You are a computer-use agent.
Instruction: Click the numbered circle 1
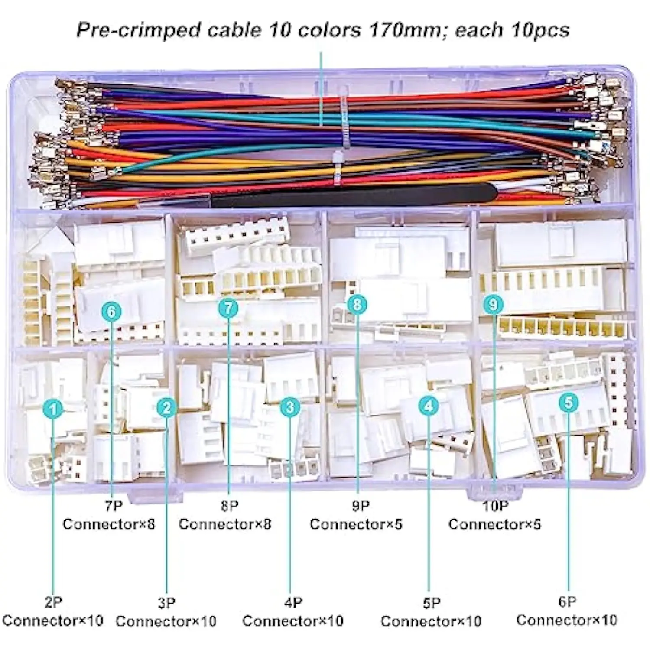tap(53, 409)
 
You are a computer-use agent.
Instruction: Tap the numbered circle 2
tap(167, 407)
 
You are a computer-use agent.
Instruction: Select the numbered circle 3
tap(290, 406)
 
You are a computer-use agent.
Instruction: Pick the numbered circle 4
tap(429, 406)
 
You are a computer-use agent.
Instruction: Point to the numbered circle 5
tap(569, 403)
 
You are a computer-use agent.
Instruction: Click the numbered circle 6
tap(112, 312)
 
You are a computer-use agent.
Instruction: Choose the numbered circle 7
tap(229, 308)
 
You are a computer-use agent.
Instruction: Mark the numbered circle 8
tap(357, 304)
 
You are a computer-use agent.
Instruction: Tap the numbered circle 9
tap(493, 304)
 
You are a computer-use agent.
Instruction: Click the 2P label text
tap(53, 602)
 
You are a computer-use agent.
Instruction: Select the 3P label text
tap(166, 603)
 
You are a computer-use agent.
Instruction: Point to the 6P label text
tap(567, 602)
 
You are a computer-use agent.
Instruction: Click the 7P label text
tap(114, 506)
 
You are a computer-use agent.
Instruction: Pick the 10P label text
tap(495, 506)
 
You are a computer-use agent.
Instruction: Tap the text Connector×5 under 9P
tap(356, 524)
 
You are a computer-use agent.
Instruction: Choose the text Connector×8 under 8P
tap(225, 524)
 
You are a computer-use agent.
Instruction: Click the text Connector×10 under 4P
tap(293, 621)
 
